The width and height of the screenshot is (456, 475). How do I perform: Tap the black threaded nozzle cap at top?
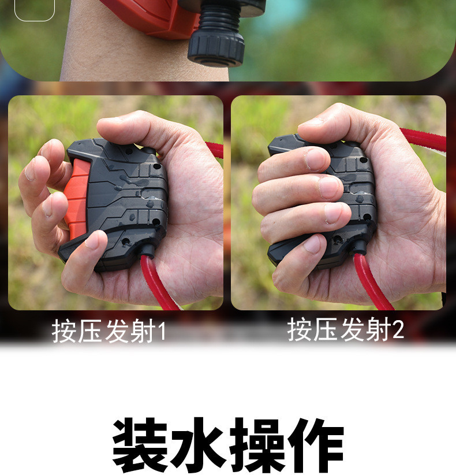click(x=216, y=43)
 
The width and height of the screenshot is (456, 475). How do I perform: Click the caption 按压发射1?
click(x=109, y=331)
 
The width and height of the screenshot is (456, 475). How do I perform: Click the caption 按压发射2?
click(x=345, y=330)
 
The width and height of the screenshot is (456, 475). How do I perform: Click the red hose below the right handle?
click(x=372, y=283)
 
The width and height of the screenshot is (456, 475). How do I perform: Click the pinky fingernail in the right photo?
click(x=312, y=245)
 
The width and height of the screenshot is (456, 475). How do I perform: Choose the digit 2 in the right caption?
click(x=398, y=330)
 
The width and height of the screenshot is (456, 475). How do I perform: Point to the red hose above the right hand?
click(x=424, y=139)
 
